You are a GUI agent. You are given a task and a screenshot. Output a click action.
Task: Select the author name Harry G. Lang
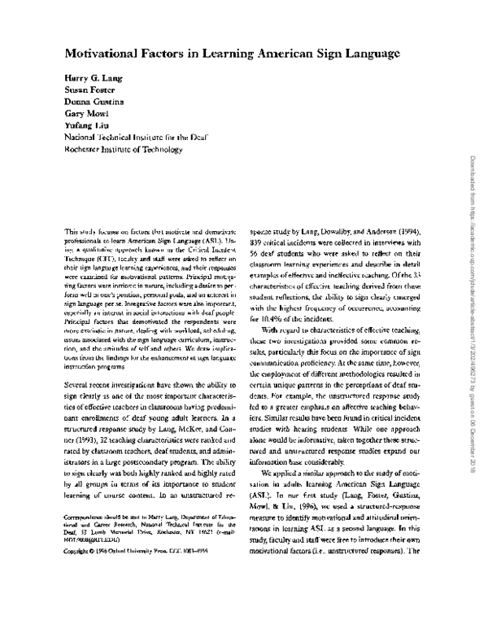(91, 77)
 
